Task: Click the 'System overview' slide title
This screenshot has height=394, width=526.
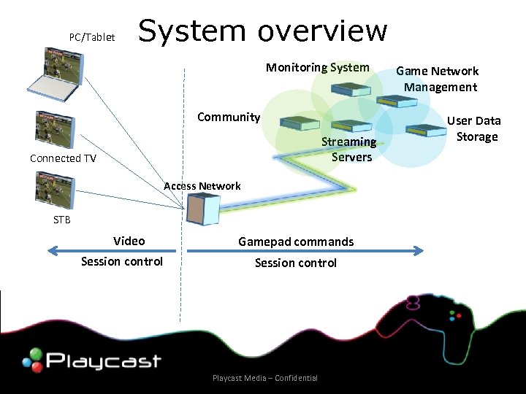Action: (x=262, y=31)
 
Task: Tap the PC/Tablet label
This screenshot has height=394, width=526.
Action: (x=91, y=36)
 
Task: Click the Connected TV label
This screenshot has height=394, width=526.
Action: (x=63, y=158)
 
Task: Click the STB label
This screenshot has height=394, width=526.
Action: (x=61, y=219)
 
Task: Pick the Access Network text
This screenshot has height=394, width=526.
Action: (x=202, y=186)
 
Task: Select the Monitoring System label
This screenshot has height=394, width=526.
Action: (x=317, y=68)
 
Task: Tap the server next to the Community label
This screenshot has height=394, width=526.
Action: (x=300, y=123)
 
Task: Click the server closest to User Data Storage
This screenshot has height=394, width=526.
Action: (x=426, y=130)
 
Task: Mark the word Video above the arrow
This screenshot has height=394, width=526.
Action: (x=129, y=241)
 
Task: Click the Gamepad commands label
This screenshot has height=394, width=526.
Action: (x=296, y=242)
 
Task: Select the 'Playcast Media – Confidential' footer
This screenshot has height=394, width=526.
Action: (x=264, y=378)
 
